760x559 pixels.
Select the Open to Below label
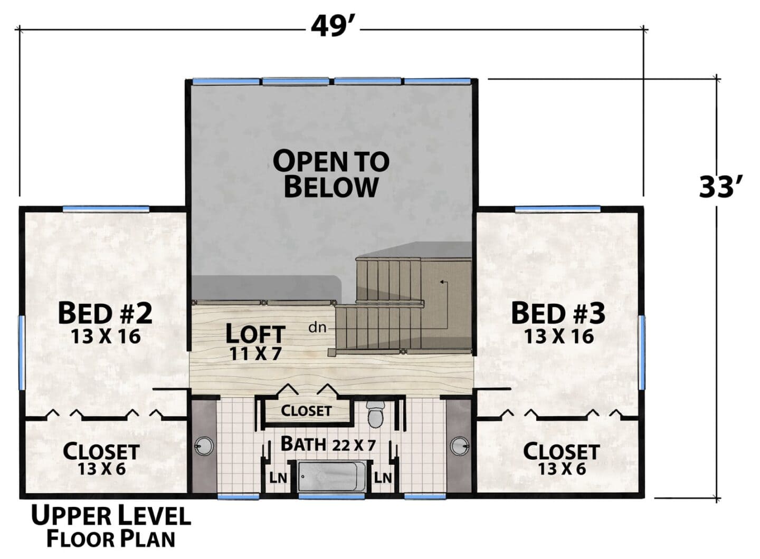click(x=331, y=174)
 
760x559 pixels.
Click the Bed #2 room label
click(x=105, y=314)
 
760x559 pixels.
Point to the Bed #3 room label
click(x=558, y=314)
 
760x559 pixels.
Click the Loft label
click(x=255, y=334)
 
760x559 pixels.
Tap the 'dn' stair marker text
click(x=318, y=328)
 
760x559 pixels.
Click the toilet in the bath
click(x=375, y=415)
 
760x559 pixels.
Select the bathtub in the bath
click(x=331, y=476)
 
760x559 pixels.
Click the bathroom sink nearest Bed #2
click(x=204, y=446)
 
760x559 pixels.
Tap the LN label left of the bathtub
click(x=278, y=478)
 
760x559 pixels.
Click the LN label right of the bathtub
click(x=383, y=478)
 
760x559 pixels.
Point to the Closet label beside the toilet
click(x=306, y=411)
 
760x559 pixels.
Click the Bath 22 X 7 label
click(x=328, y=444)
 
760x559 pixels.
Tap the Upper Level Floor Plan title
click(x=111, y=531)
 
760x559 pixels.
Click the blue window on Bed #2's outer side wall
click(x=21, y=353)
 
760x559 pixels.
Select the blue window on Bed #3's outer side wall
click(x=642, y=353)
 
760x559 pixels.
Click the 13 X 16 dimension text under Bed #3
click(x=559, y=336)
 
